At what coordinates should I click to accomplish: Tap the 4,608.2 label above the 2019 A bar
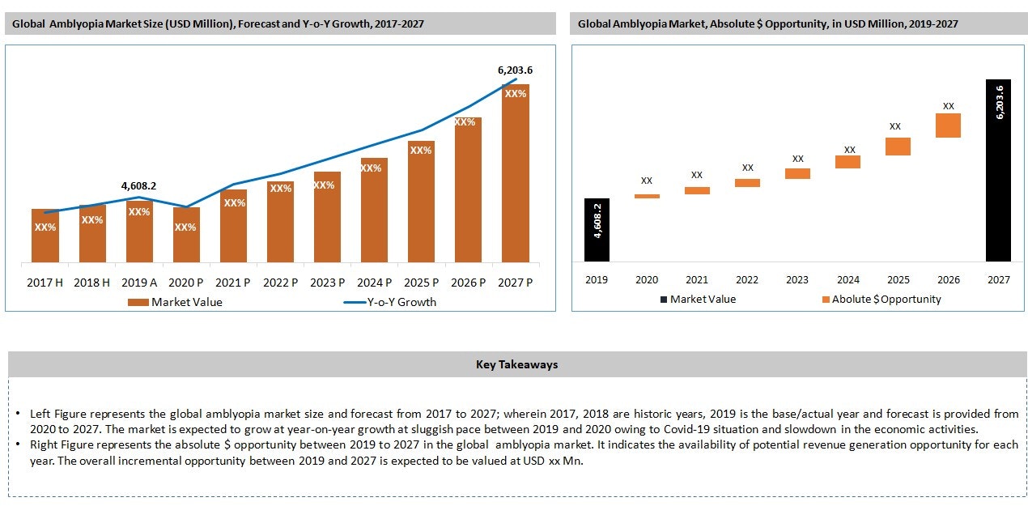[x=138, y=186]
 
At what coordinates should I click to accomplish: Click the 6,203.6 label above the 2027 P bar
[x=515, y=70]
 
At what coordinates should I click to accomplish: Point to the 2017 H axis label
[x=45, y=283]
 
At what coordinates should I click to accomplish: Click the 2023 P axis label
[x=327, y=283]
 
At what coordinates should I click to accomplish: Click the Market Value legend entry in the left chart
[x=186, y=302]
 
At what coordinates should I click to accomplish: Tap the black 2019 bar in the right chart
[x=597, y=230]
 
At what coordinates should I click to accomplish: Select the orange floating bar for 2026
[x=948, y=125]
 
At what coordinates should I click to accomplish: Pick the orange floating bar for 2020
[x=647, y=196]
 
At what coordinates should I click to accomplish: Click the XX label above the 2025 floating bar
[x=895, y=126]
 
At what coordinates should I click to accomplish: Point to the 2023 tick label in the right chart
[x=797, y=279]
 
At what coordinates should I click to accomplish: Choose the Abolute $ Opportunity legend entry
[x=886, y=299]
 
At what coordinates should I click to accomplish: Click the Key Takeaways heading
[x=516, y=364]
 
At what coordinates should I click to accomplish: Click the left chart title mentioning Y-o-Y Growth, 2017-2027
[x=218, y=24]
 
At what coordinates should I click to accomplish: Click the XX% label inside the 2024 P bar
[x=371, y=168]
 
